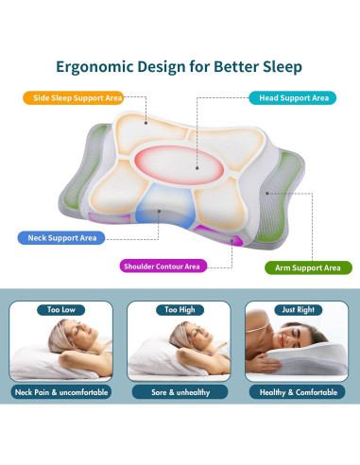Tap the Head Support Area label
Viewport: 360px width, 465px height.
[291, 97]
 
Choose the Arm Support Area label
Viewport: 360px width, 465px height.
[303, 268]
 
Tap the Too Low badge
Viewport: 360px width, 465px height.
[61, 309]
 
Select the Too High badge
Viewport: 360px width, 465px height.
[180, 309]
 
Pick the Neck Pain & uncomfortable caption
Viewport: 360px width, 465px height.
[61, 391]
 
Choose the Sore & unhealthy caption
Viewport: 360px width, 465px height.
[180, 391]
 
